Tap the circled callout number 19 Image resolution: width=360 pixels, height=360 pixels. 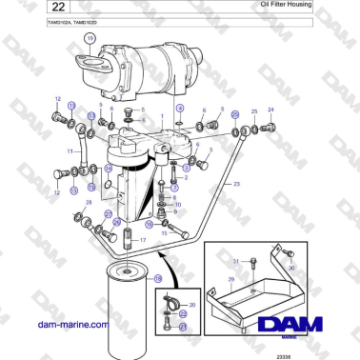click(90, 38)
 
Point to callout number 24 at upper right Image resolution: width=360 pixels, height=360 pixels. click(270, 110)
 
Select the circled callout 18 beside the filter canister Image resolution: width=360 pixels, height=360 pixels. click(158, 278)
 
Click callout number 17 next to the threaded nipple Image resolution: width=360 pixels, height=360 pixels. click(143, 240)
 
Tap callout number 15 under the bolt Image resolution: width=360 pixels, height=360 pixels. click(165, 232)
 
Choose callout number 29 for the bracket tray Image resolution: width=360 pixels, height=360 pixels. click(230, 280)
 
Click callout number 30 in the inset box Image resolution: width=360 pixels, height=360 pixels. click(291, 270)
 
